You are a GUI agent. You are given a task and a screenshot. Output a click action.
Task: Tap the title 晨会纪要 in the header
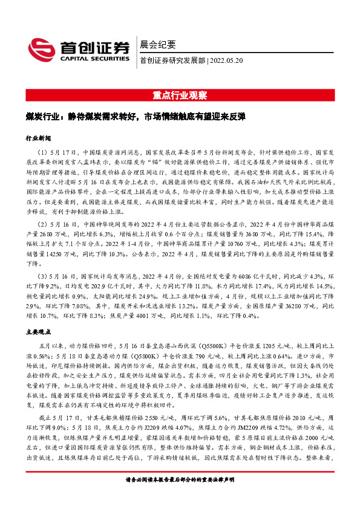pos(157,44)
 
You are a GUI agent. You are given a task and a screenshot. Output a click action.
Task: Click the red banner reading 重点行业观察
pos(180,96)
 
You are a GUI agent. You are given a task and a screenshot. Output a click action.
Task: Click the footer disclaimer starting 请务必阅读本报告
pos(180,496)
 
